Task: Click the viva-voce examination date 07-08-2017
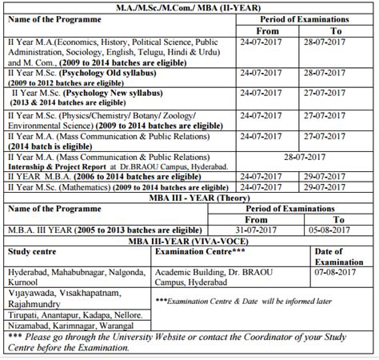click(343, 272)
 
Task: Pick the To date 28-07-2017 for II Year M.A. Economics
click(338, 38)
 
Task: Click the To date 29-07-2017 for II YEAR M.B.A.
click(338, 175)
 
